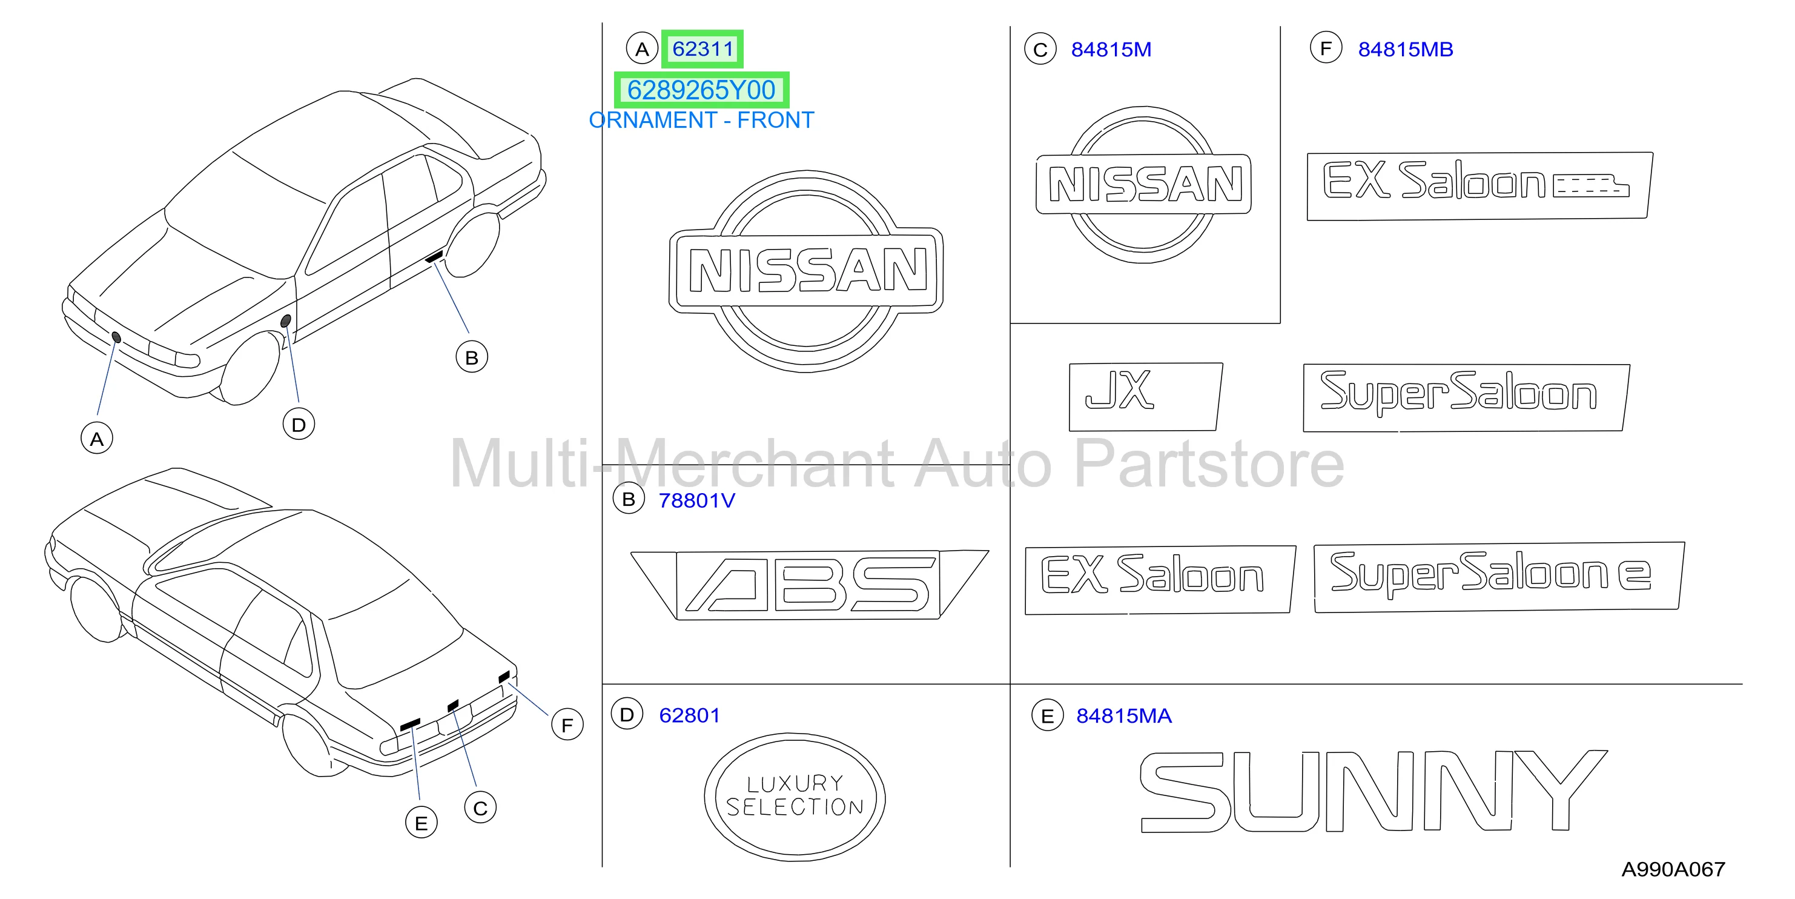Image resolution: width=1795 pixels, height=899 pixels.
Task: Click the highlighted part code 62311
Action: coord(702,49)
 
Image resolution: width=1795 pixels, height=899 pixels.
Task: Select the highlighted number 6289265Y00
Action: coord(701,90)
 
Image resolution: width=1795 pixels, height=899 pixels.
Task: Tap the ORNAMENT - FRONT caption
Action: coord(701,121)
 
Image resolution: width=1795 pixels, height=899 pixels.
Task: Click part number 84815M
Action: coord(1111,50)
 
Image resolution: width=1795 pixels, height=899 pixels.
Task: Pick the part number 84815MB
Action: coord(1406,50)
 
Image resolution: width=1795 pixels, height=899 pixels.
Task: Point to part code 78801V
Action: coord(697,500)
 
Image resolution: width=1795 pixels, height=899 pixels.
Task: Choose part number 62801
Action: coord(689,715)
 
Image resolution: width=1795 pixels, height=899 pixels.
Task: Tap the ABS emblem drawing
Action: coord(809,584)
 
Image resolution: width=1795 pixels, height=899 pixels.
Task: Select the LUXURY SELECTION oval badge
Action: coord(795,797)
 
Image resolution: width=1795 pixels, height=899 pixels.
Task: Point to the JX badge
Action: coord(1146,397)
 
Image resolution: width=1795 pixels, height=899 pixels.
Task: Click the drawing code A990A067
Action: coord(1673,869)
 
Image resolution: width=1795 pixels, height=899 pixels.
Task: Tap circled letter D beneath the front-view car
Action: coord(298,425)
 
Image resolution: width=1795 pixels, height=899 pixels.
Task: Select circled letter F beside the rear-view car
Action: coord(567,725)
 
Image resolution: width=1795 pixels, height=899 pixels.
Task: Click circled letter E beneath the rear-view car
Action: coord(421,823)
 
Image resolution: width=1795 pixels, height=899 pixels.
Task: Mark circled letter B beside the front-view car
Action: coord(472,357)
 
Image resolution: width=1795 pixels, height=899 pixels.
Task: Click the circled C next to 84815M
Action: coord(1040,50)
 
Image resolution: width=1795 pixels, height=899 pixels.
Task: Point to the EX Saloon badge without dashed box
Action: coord(1160,580)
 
